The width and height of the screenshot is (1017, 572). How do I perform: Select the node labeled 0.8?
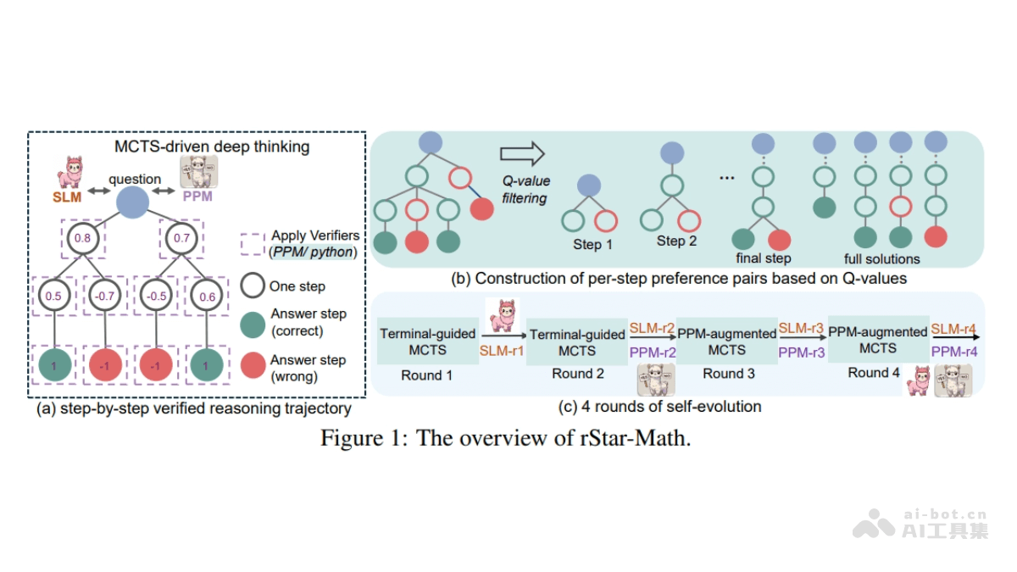[82, 239]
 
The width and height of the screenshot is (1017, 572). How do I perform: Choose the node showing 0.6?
[207, 297]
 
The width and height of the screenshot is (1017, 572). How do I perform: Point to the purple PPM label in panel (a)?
[199, 197]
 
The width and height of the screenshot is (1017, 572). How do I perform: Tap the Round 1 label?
[427, 375]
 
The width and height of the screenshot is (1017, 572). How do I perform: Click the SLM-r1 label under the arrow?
[503, 350]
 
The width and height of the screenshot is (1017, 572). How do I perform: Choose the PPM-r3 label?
[801, 351]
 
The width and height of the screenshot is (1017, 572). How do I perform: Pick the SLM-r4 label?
[953, 328]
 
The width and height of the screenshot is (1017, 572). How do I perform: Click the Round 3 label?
[726, 374]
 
